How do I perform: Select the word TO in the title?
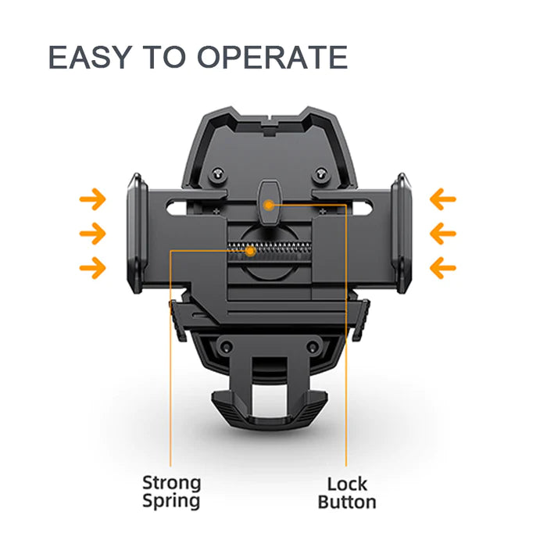tap(164, 59)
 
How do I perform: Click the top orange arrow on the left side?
tap(93, 200)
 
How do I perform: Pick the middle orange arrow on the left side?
tap(93, 234)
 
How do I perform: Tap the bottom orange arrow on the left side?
tap(93, 269)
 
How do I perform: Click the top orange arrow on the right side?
tap(443, 200)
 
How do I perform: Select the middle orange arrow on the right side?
tap(443, 234)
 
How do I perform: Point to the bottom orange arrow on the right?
tap(443, 269)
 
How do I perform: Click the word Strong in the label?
tap(171, 483)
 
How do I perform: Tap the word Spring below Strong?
tap(171, 502)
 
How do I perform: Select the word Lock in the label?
tap(346, 484)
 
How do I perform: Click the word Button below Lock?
tap(346, 502)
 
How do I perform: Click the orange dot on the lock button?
tap(269, 205)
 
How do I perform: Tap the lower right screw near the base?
tap(312, 346)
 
